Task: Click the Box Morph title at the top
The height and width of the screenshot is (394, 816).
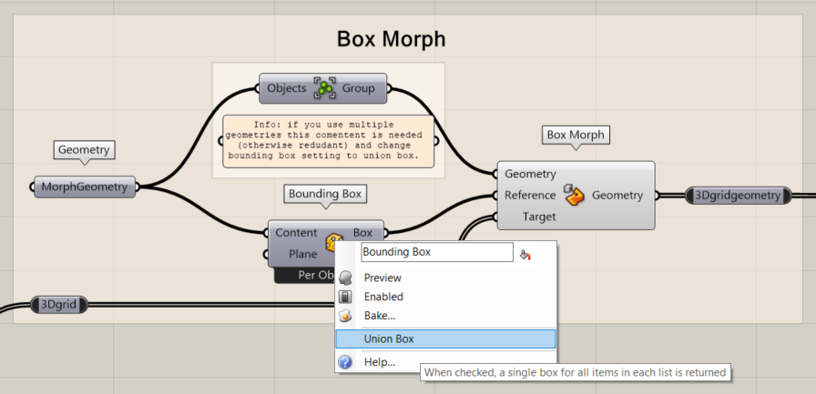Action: (391, 39)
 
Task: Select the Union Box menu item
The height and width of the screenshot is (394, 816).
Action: (389, 338)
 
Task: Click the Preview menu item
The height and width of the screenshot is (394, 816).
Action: (382, 278)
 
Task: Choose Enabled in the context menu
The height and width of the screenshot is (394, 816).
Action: (383, 297)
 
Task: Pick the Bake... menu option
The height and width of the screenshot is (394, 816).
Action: (380, 316)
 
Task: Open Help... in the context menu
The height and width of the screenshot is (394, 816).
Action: (380, 362)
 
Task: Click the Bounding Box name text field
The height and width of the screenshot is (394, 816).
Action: (437, 252)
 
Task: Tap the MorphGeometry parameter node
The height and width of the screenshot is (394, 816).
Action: (85, 187)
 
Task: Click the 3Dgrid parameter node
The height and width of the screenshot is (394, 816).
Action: (58, 305)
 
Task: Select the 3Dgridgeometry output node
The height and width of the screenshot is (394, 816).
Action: (738, 195)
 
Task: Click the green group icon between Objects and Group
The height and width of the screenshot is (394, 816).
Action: (324, 89)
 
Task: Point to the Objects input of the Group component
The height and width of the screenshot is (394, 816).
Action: (286, 89)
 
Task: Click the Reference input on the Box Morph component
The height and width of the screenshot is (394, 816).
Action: (529, 195)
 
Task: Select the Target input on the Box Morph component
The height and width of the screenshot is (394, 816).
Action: (538, 217)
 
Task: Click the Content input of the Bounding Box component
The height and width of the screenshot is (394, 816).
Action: (296, 233)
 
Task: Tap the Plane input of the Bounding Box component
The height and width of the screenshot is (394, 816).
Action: (302, 254)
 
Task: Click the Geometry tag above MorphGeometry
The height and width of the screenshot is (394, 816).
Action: (84, 150)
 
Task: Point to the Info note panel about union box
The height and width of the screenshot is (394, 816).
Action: (329, 141)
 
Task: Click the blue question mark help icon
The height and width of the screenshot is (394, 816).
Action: (345, 362)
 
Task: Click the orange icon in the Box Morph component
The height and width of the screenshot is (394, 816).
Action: (573, 195)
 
